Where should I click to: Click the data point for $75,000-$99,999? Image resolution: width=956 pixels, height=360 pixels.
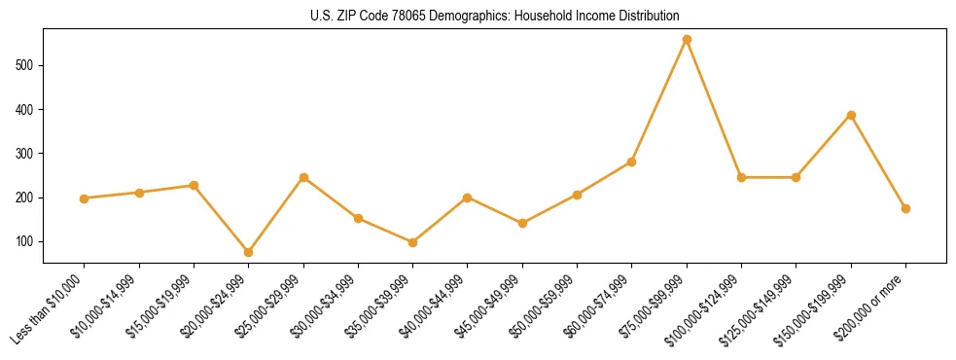(687, 40)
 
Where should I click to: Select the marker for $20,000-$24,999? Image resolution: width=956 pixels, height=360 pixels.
(249, 252)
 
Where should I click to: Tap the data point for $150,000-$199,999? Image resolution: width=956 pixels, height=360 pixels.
(851, 115)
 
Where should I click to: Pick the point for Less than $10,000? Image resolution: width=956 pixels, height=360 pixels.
(85, 198)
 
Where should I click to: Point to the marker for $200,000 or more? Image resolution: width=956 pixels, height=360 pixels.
(905, 208)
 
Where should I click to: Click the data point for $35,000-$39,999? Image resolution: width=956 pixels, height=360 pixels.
(413, 242)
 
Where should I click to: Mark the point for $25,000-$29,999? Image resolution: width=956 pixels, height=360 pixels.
(303, 177)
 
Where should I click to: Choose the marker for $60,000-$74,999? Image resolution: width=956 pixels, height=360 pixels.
(632, 162)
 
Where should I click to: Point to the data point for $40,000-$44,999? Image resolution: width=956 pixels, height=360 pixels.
(468, 198)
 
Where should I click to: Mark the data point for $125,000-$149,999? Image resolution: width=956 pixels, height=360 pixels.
(796, 177)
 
